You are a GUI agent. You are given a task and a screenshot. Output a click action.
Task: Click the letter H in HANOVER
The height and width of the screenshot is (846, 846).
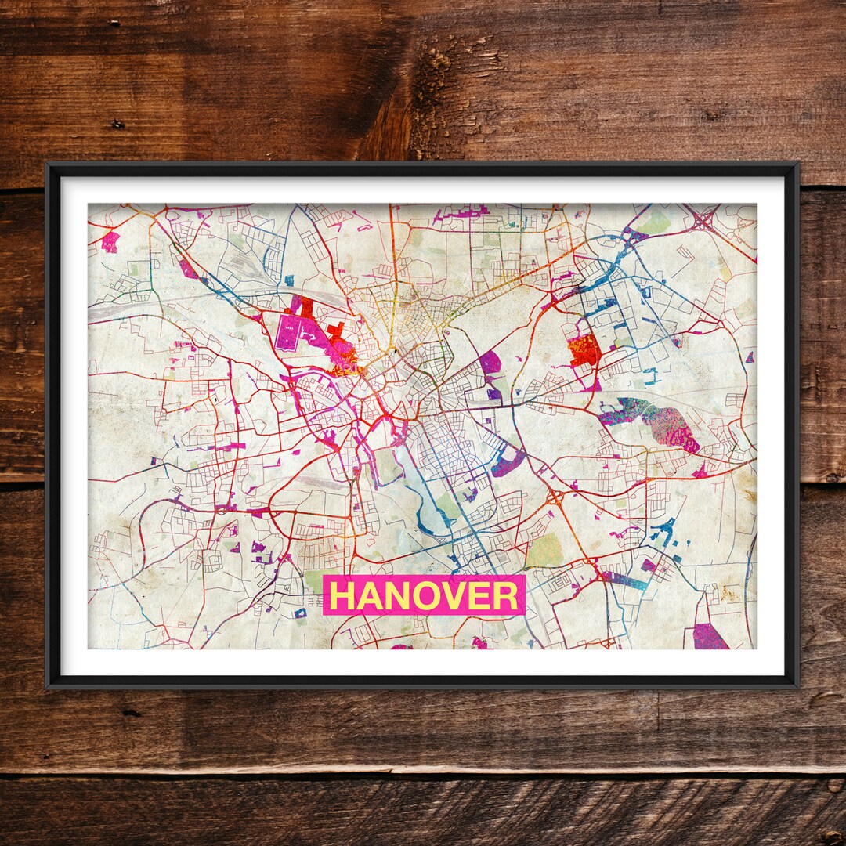click(x=342, y=596)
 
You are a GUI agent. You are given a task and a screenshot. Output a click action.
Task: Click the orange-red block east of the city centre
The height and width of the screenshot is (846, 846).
click(x=584, y=350)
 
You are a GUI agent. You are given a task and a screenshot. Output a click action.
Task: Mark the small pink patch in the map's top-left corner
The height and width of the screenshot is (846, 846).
click(x=110, y=241)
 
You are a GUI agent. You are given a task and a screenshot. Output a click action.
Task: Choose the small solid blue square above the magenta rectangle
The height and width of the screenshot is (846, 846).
click(x=289, y=280)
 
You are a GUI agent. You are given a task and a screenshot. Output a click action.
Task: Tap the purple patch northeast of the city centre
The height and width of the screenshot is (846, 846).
click(x=490, y=362)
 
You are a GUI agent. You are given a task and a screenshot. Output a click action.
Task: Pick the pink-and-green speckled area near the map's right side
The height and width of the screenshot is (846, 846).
click(x=672, y=428)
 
